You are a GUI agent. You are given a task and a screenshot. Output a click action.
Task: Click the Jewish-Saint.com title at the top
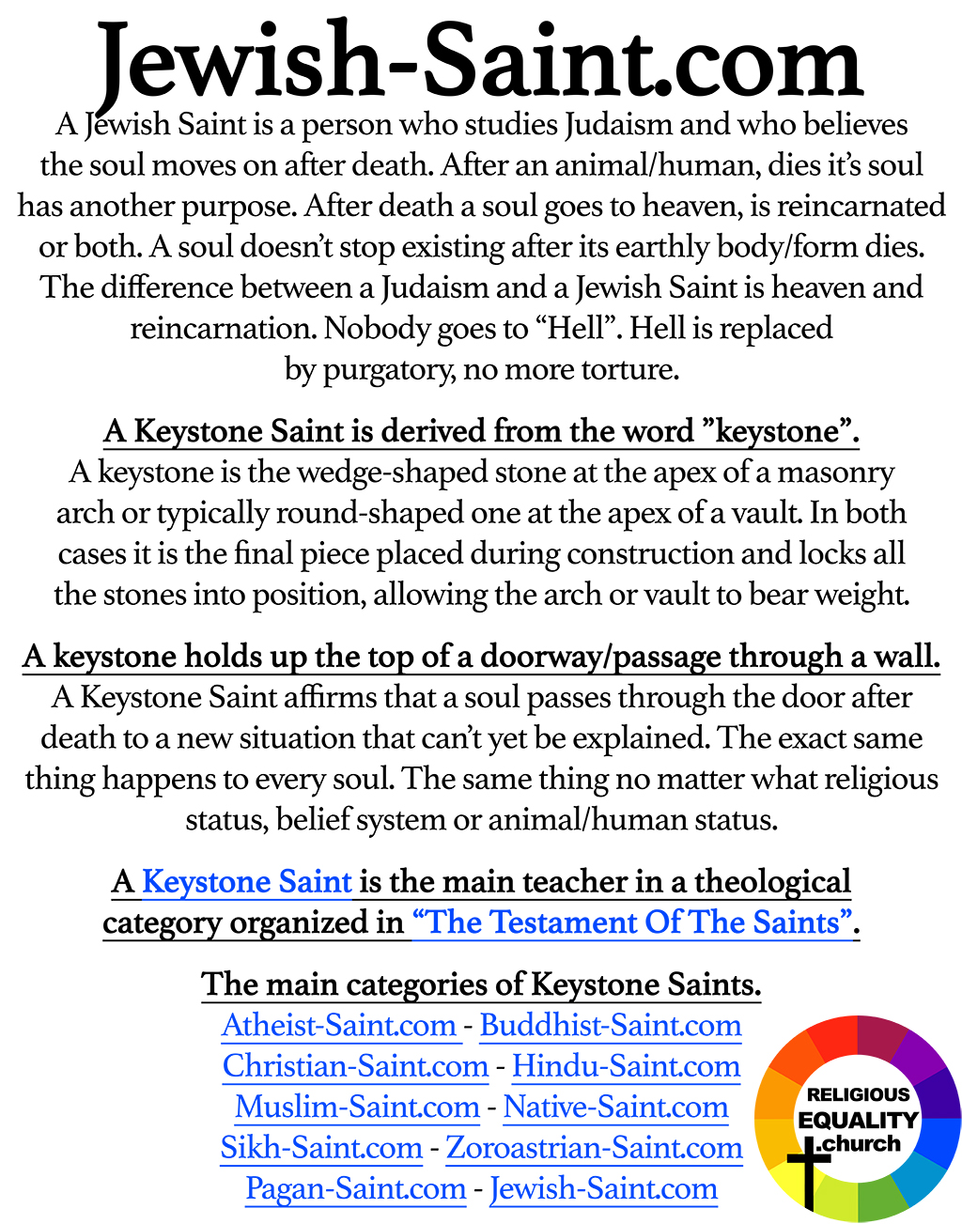480,62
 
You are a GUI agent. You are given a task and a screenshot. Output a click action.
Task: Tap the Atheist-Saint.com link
339,1025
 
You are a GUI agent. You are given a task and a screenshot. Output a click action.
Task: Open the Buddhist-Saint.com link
611,1025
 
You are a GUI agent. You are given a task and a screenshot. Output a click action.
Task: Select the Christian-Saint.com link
355,1066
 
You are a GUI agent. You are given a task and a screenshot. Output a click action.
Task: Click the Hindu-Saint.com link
626,1066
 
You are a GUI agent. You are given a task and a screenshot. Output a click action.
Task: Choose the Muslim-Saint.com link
357,1107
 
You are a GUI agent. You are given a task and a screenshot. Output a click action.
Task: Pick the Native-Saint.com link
615,1107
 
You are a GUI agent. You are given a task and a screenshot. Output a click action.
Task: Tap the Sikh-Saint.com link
321,1147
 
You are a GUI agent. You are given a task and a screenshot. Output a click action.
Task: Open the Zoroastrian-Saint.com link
594,1147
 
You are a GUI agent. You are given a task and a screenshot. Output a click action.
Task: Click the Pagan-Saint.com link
355,1188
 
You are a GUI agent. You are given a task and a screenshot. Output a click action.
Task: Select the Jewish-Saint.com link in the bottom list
603,1188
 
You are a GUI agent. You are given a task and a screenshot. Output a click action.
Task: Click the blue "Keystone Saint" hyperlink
247,882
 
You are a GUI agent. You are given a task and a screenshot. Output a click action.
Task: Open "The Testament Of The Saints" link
634,922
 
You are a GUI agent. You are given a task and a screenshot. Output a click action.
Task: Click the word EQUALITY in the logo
858,1120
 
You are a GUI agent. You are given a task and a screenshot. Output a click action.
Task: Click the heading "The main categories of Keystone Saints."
481,984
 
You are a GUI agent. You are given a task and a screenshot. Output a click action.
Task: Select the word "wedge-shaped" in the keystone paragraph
386,472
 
